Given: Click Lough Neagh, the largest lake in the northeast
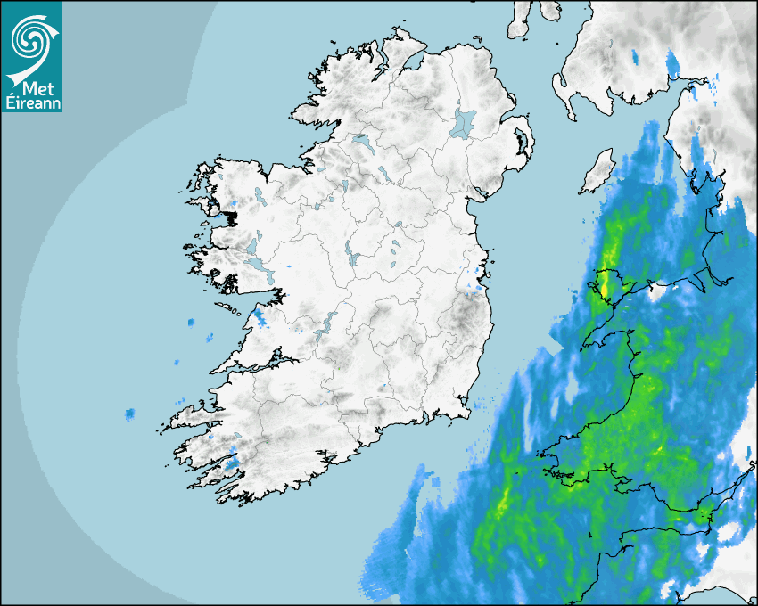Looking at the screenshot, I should [464, 122].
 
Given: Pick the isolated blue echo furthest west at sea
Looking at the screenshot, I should [130, 414].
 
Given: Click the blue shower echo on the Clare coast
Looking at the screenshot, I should [260, 316].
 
